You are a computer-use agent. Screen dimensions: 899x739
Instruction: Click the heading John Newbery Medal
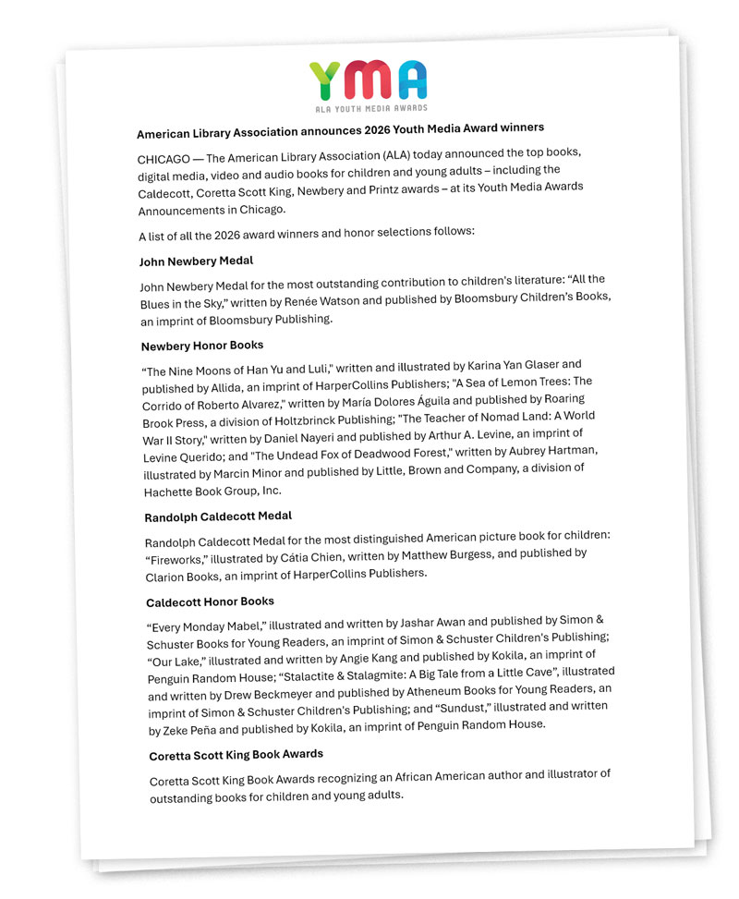(196, 261)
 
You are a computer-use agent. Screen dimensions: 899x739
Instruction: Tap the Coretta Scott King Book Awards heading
(236, 755)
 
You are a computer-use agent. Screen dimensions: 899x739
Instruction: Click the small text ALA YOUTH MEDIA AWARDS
(369, 109)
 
